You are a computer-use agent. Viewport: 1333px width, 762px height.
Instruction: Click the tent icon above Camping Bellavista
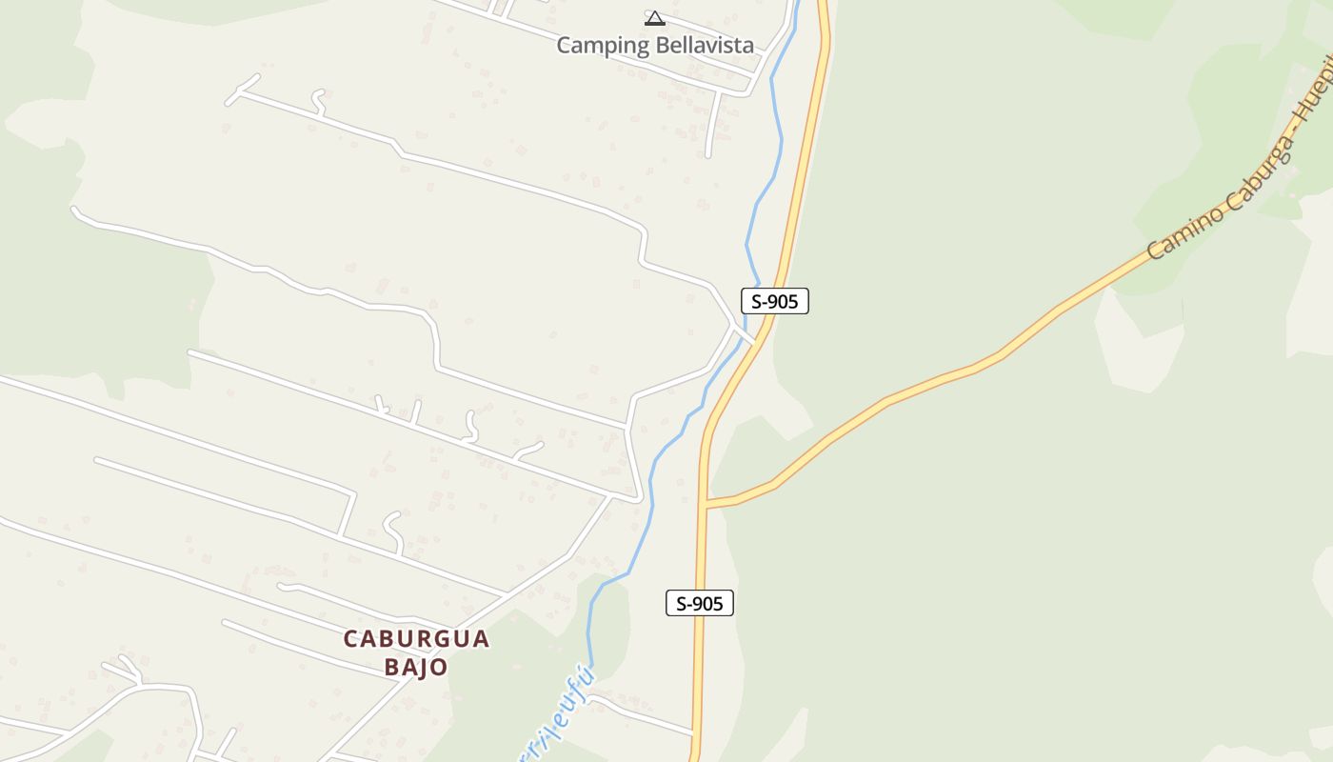pos(654,17)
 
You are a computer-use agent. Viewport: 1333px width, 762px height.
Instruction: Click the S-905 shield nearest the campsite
pos(775,302)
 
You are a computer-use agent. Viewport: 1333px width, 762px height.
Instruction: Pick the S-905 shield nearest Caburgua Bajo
pos(700,603)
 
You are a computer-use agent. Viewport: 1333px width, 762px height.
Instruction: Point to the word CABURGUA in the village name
pos(416,639)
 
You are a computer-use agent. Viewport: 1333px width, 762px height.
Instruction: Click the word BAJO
pos(416,667)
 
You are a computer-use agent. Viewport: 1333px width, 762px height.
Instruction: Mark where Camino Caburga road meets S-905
pos(706,503)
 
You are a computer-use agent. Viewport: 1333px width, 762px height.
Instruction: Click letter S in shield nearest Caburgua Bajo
pos(682,603)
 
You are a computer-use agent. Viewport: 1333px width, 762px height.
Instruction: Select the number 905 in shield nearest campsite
pos(784,302)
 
